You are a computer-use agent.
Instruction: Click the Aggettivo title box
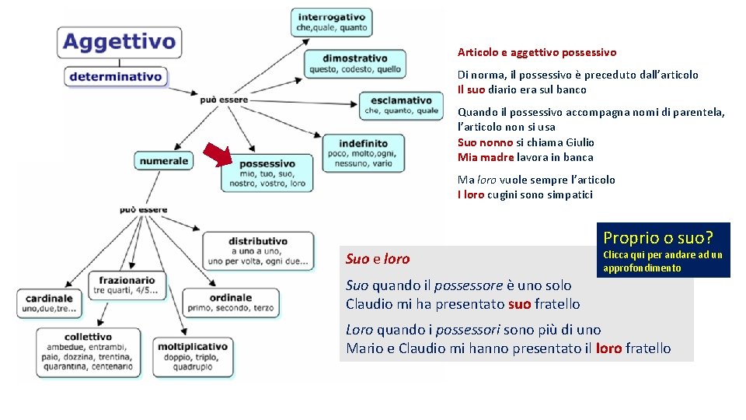(x=119, y=41)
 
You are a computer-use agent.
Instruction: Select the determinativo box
(x=116, y=77)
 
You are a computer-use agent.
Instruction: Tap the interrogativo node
(x=331, y=23)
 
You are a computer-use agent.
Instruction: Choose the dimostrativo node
(x=354, y=64)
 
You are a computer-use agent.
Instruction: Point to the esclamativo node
(x=401, y=105)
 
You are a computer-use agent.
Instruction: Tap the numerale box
(x=164, y=161)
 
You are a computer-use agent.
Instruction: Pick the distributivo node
(x=259, y=250)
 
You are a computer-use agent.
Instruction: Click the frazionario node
(x=127, y=285)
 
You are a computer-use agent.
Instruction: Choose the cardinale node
(x=49, y=303)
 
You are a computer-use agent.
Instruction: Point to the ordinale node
(x=230, y=302)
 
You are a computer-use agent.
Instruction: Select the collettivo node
(x=88, y=352)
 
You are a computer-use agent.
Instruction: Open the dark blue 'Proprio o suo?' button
(x=666, y=250)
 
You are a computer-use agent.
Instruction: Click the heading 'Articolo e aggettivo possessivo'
(x=536, y=53)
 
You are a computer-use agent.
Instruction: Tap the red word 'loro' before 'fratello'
(x=608, y=348)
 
